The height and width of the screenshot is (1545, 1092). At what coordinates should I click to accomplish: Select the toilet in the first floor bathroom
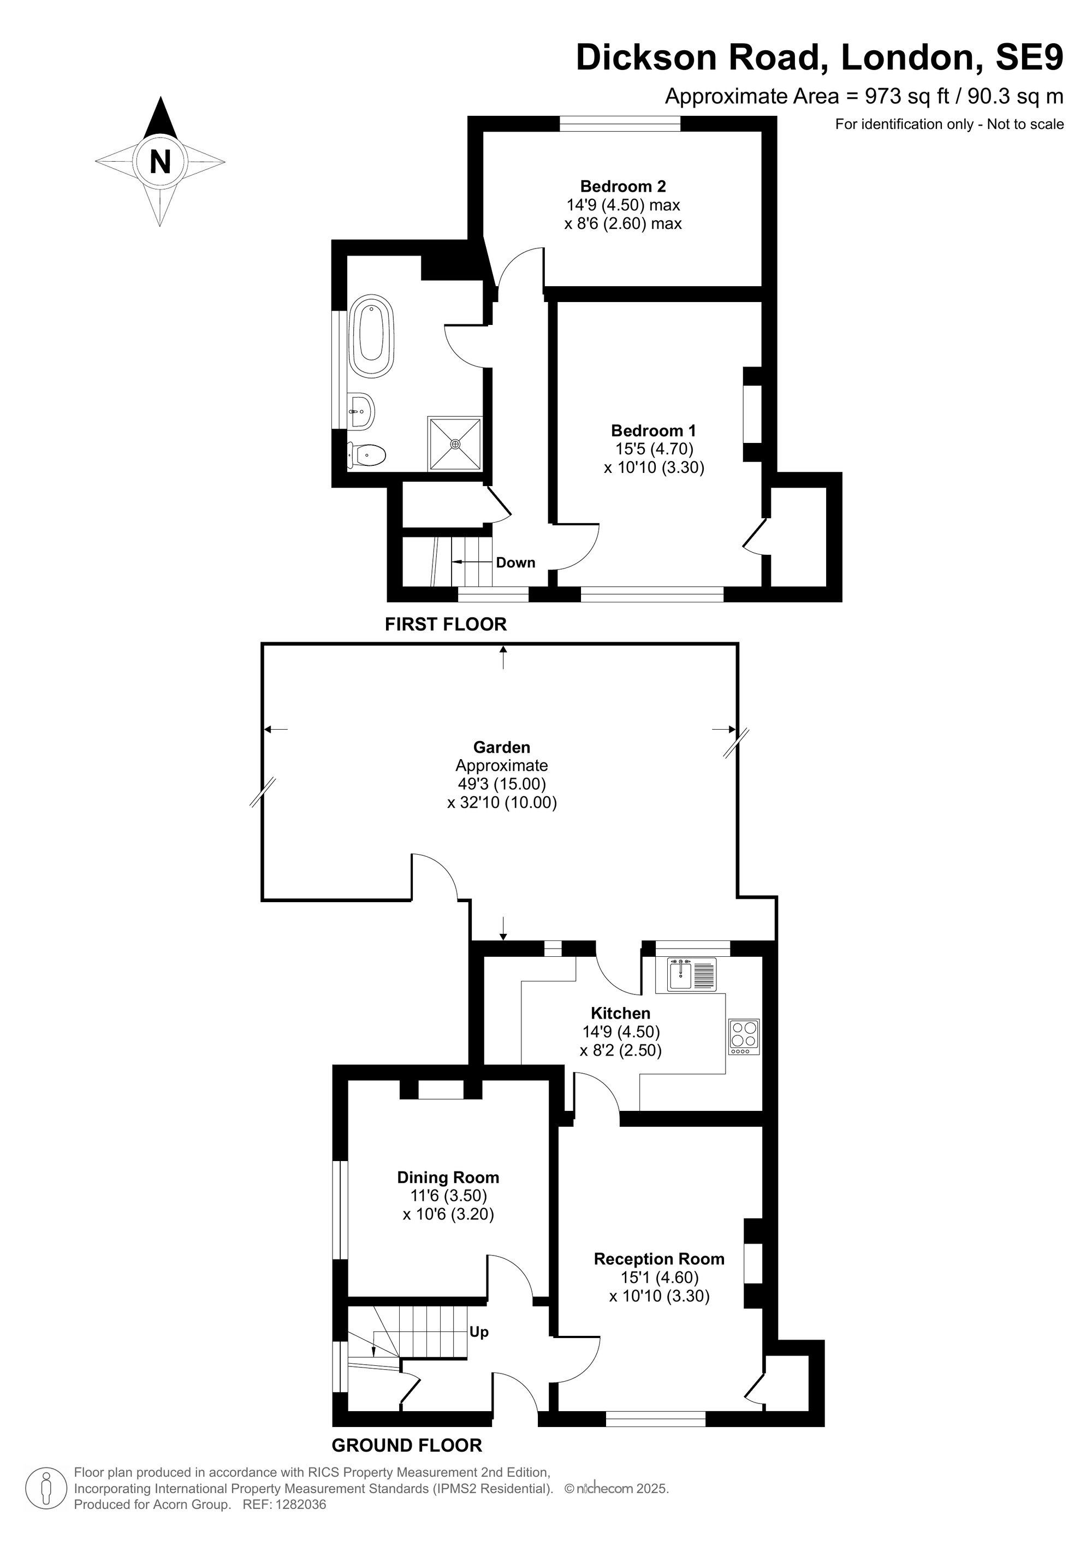pos(366,455)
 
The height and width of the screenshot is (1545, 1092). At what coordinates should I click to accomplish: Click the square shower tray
pos(455,443)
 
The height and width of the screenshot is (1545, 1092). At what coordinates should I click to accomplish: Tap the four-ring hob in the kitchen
pos(744,1037)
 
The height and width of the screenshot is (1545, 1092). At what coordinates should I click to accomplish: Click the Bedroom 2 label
pos(623,186)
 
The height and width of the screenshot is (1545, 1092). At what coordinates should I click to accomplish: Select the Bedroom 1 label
pos(654,431)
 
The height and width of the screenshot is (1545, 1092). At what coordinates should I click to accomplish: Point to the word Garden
pos(502,747)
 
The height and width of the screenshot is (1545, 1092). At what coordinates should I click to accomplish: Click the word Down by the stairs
pos(515,563)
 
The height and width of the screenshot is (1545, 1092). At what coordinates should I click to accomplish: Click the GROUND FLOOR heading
pos(407,1446)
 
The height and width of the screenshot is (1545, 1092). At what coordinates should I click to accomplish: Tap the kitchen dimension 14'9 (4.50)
pos(621,1032)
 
